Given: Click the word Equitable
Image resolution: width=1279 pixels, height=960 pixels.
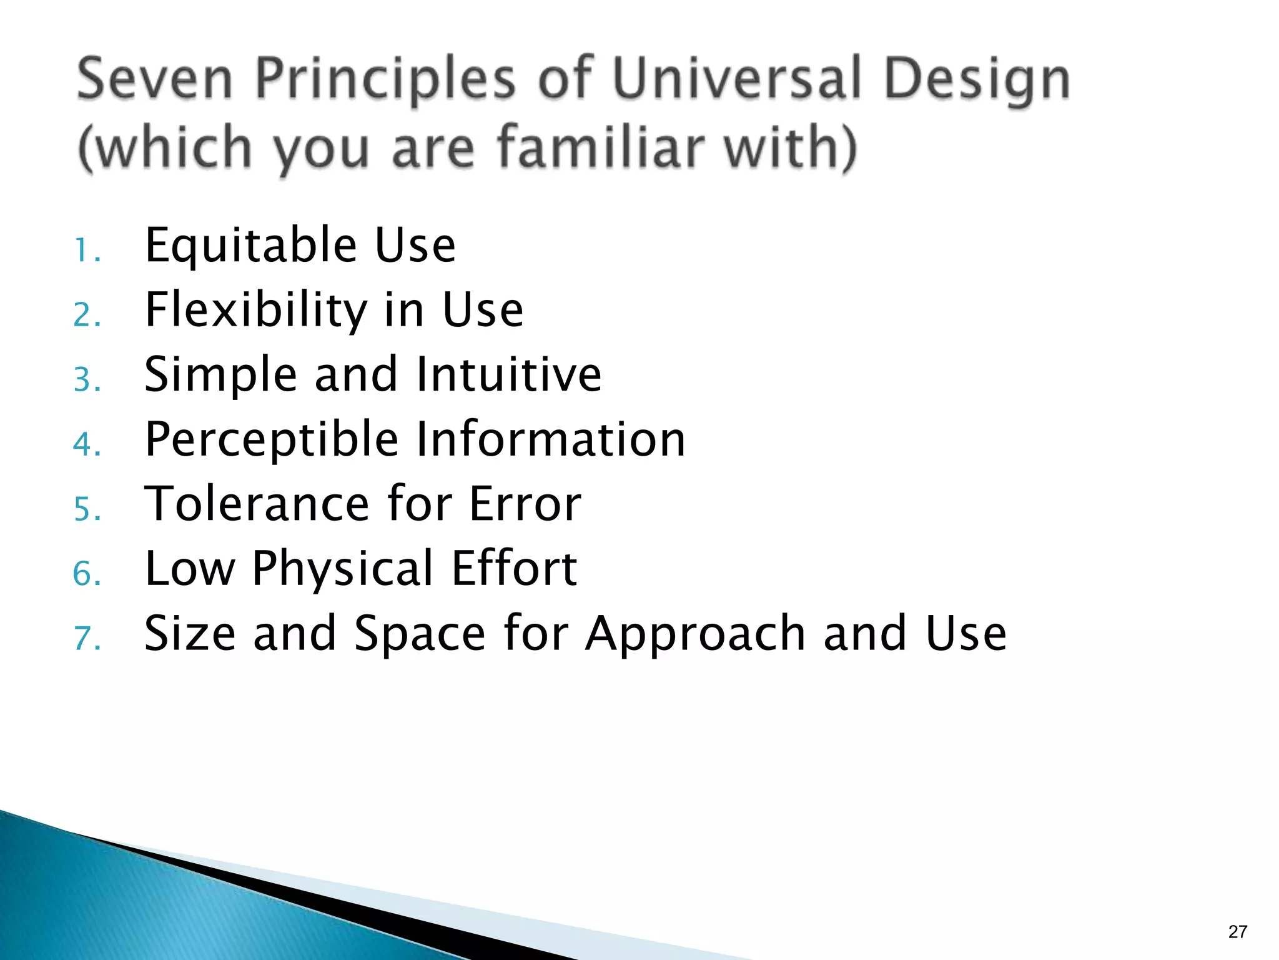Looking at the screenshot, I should (x=251, y=247).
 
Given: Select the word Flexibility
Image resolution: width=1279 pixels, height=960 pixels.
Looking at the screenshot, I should (x=256, y=311).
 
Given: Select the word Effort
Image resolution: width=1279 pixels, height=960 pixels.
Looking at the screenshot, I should (x=513, y=569).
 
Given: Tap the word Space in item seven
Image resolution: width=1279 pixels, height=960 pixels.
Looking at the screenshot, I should (x=419, y=634).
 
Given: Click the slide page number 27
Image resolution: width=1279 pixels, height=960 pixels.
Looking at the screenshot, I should (x=1237, y=932).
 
